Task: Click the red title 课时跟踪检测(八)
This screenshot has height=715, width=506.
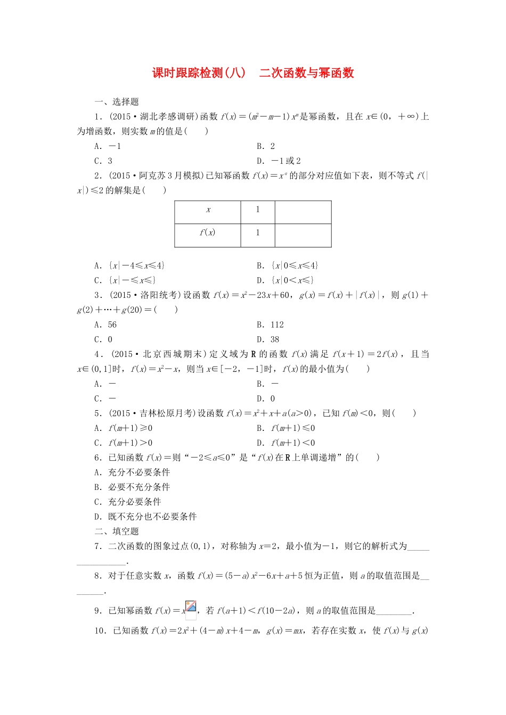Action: point(199,73)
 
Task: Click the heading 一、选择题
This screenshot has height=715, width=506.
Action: point(116,102)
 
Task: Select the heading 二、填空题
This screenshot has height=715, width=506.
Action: point(116,531)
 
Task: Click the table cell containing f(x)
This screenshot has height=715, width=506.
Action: point(207,232)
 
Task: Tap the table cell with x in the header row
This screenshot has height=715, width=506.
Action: point(208,210)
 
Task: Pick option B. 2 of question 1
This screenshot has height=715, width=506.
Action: point(265,146)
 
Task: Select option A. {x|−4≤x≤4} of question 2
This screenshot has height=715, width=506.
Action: point(129,265)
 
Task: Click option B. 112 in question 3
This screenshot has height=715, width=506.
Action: point(270,325)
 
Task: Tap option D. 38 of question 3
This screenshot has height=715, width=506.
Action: point(267,339)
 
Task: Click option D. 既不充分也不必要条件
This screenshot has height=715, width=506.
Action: point(145,516)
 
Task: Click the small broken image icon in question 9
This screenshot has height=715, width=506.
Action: point(191,607)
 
